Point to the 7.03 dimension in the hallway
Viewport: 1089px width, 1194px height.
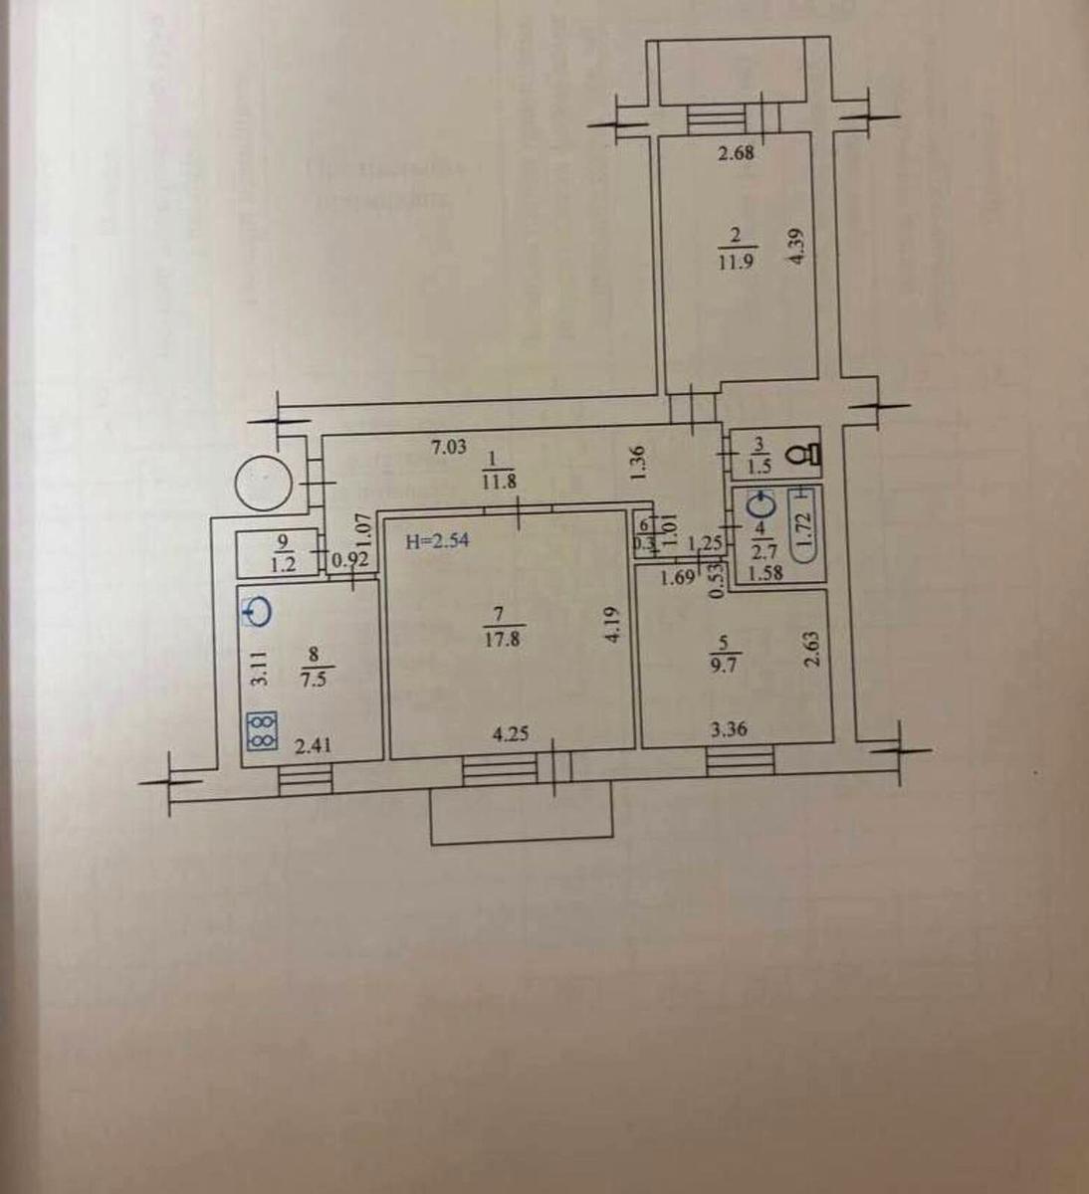(448, 449)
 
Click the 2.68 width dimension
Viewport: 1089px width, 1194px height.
(737, 153)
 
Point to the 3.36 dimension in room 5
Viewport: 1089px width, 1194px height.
(728, 730)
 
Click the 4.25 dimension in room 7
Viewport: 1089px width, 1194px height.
(510, 737)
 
